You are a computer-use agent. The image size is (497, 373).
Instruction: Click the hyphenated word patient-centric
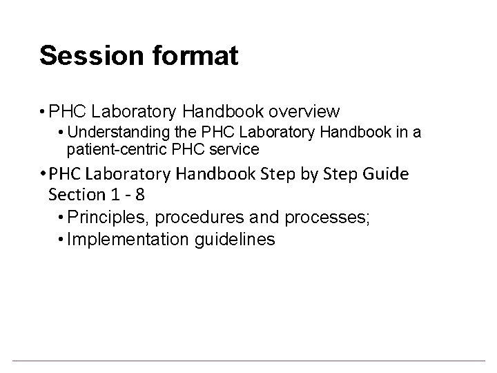[111, 149]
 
